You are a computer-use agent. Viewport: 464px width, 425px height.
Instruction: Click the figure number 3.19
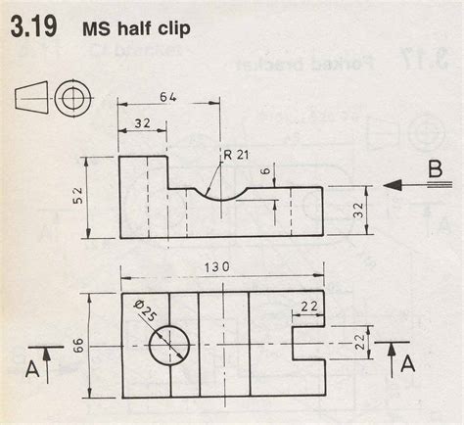click(33, 28)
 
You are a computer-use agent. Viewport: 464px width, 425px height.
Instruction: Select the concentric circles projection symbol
click(70, 98)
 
